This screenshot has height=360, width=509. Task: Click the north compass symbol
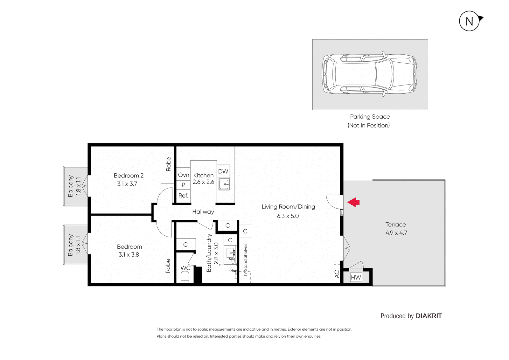pyautogui.click(x=470, y=21)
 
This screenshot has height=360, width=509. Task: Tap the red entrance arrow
pyautogui.click(x=354, y=202)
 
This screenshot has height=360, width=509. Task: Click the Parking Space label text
pyautogui.click(x=370, y=117)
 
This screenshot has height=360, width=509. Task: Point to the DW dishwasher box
pyautogui.click(x=223, y=171)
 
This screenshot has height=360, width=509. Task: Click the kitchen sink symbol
pyautogui.click(x=224, y=184)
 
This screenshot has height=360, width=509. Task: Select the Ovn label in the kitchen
pyautogui.click(x=183, y=175)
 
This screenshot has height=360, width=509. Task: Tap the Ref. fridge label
pyautogui.click(x=183, y=196)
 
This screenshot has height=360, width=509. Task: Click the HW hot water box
pyautogui.click(x=356, y=277)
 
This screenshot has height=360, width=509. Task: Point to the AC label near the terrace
pyautogui.click(x=337, y=274)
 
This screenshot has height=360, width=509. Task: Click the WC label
pyautogui.click(x=185, y=268)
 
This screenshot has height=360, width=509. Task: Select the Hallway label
pyautogui.click(x=203, y=212)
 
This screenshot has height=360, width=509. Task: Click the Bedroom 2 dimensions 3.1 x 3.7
pyautogui.click(x=127, y=184)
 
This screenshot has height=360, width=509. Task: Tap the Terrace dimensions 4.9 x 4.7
pyautogui.click(x=396, y=233)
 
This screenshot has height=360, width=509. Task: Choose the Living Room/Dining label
pyautogui.click(x=288, y=207)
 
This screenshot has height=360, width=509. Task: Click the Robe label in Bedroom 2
pyautogui.click(x=168, y=164)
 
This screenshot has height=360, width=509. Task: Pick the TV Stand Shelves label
pyautogui.click(x=245, y=260)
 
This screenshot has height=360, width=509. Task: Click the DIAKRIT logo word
pyautogui.click(x=429, y=316)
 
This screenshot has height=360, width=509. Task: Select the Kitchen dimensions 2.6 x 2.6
pyautogui.click(x=203, y=182)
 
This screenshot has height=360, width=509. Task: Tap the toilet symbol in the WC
pyautogui.click(x=185, y=277)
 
